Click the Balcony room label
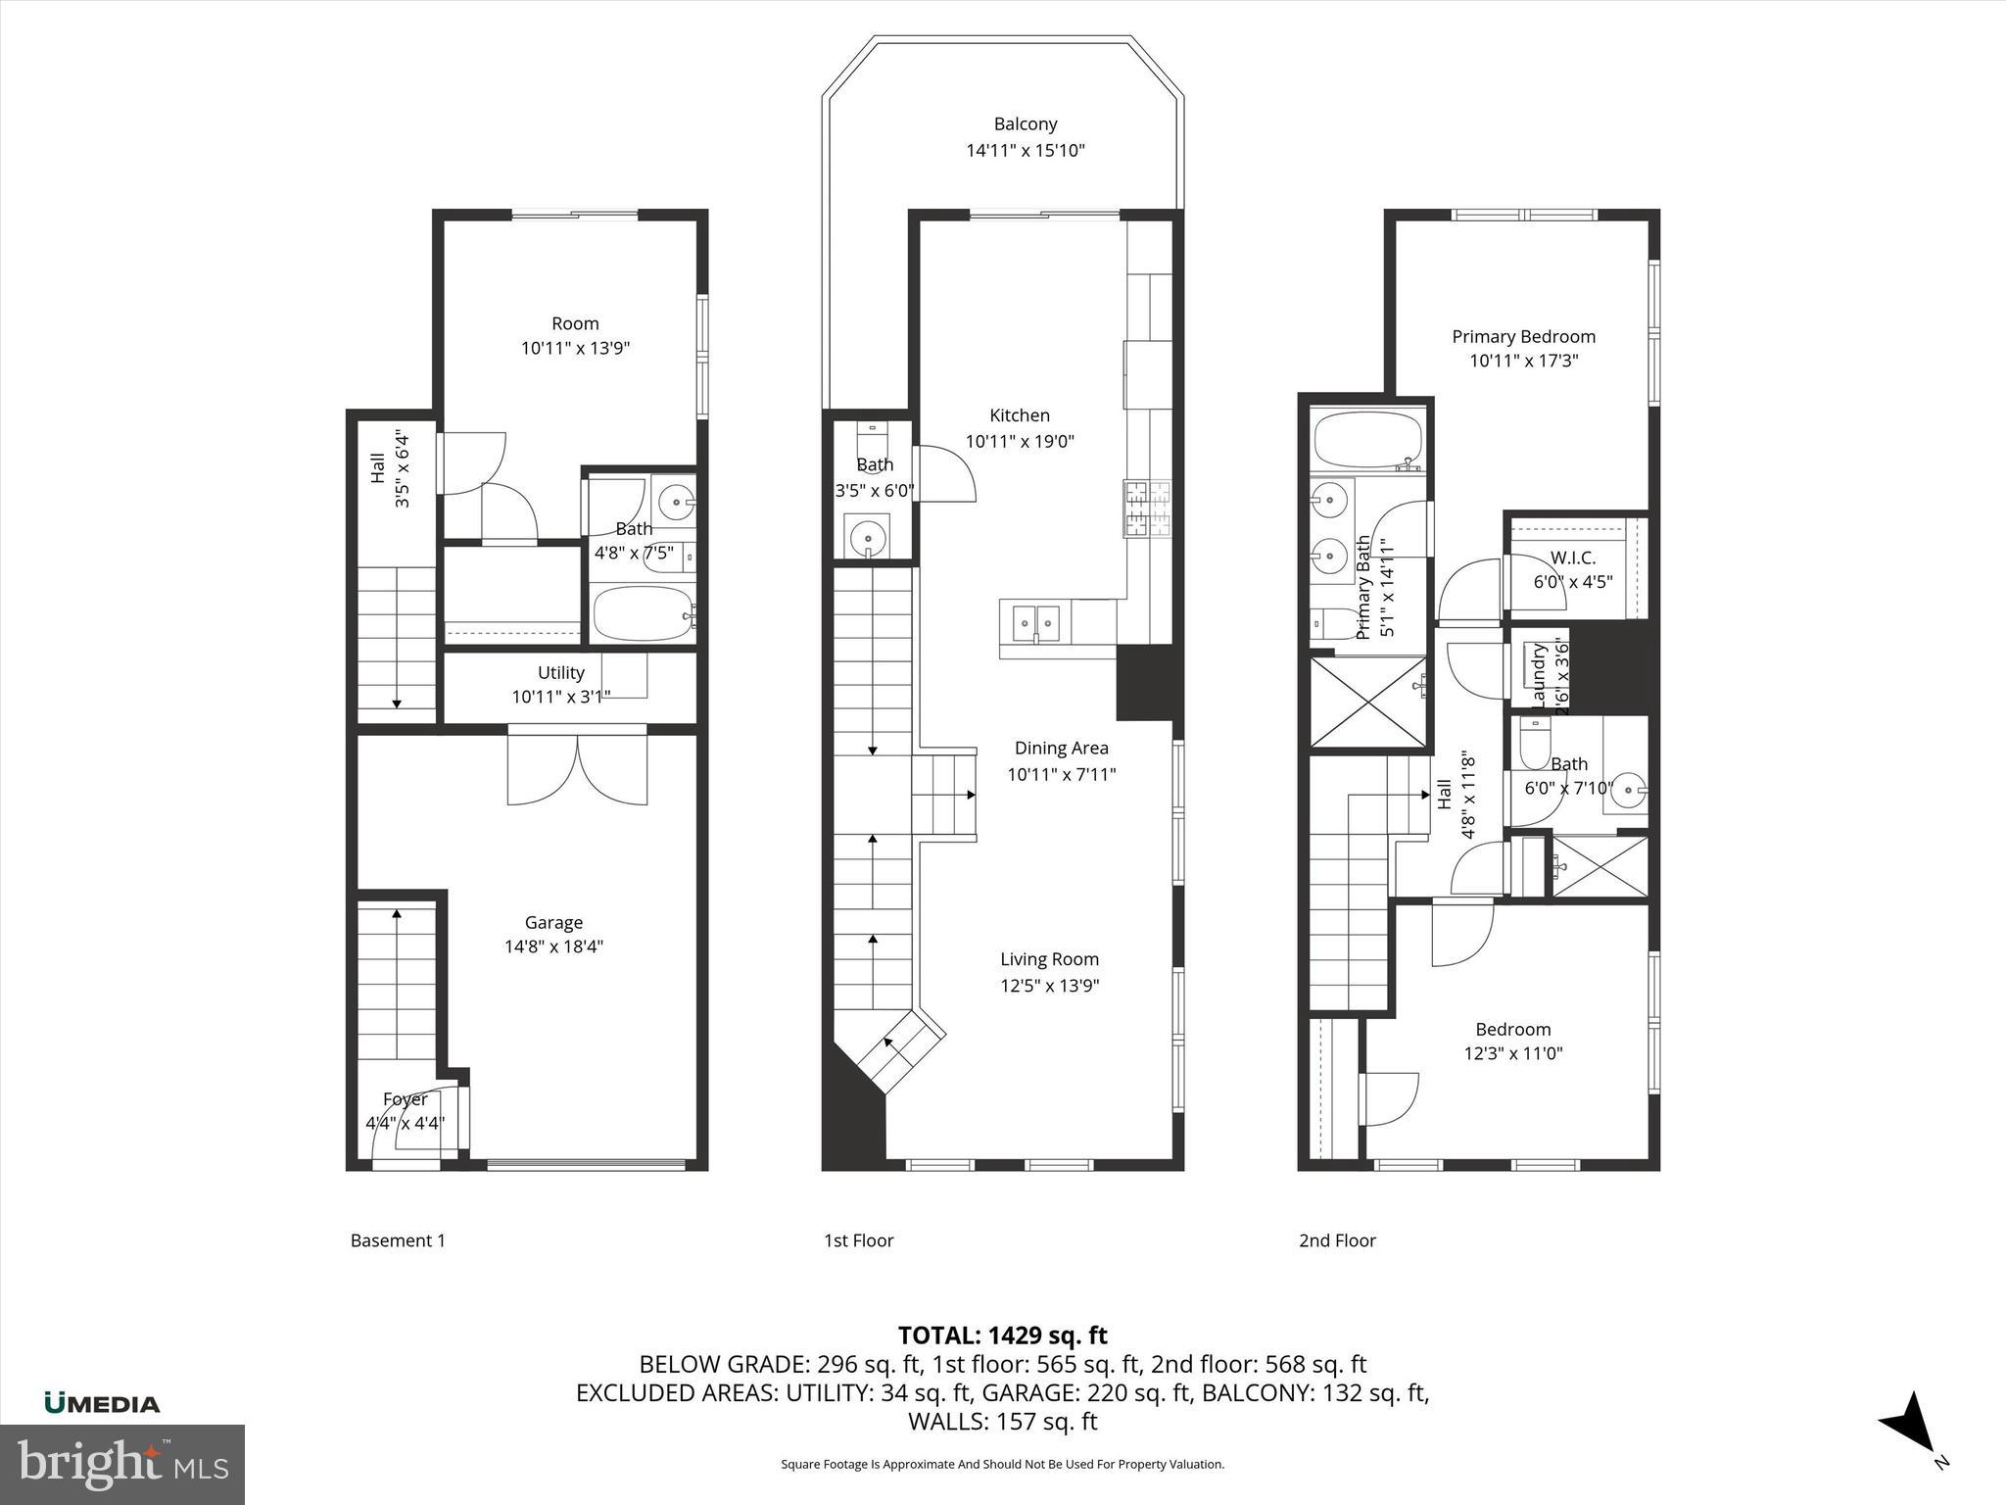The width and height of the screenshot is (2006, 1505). tap(1026, 124)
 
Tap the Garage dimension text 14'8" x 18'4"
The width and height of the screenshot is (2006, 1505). tap(553, 947)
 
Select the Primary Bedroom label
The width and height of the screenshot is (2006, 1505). tap(1523, 336)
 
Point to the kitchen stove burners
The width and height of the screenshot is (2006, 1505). tap(1147, 509)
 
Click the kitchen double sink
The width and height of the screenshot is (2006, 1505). tap(1035, 621)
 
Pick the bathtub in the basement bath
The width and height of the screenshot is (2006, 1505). tap(643, 614)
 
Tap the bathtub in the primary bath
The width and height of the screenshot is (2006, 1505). tap(1367, 441)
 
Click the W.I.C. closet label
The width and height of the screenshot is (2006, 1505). tap(1573, 558)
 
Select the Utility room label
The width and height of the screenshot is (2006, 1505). tap(560, 672)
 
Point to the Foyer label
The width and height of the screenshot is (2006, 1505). tap(405, 1098)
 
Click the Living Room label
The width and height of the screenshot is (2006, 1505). tap(1049, 959)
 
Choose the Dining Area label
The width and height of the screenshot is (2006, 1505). tap(1061, 748)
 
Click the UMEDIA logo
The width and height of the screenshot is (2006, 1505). tap(102, 1403)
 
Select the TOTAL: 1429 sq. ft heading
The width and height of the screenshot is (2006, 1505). tap(1002, 1335)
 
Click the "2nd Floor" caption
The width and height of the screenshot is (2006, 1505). tap(1337, 1240)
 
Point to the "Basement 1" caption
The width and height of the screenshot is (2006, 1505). tap(398, 1240)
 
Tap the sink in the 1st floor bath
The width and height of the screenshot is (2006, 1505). tap(867, 537)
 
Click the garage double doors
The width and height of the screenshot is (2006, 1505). tap(577, 769)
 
